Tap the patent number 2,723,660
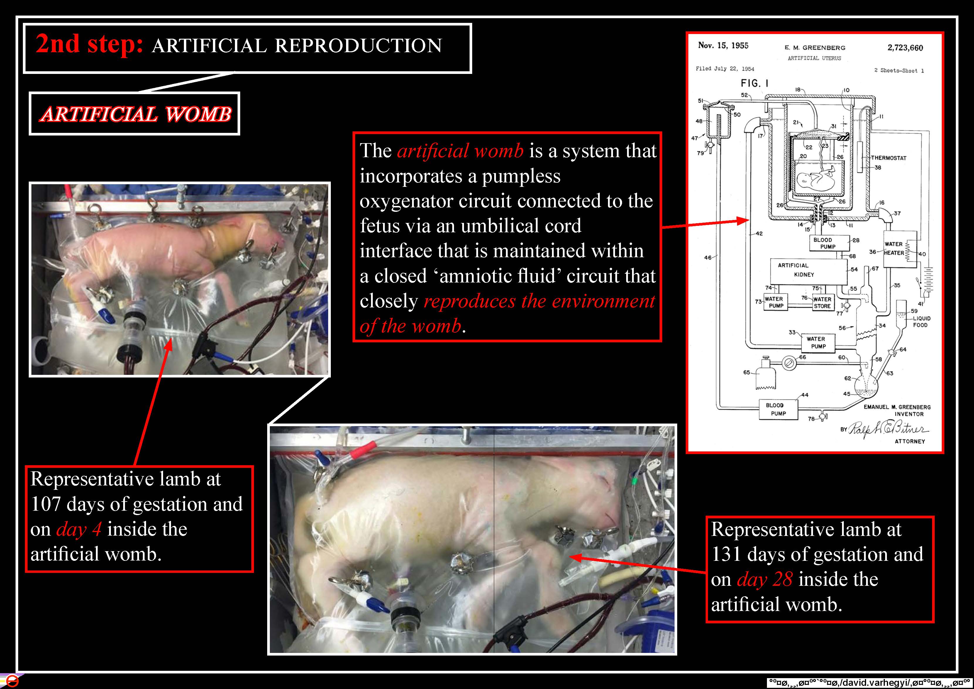tap(905, 48)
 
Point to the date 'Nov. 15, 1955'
tap(723, 46)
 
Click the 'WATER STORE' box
tap(822, 302)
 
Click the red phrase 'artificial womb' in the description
tap(460, 151)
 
